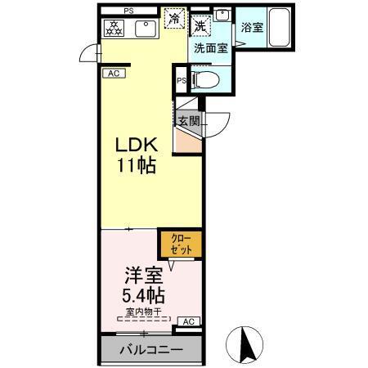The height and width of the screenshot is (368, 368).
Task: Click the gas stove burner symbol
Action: point(114,29)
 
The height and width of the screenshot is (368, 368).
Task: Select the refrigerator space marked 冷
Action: point(174,19)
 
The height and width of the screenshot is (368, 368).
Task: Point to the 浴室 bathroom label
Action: point(252,28)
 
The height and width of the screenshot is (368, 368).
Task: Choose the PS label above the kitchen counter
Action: point(128,10)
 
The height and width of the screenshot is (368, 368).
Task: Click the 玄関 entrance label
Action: point(189,120)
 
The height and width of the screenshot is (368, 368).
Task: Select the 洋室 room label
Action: point(139,274)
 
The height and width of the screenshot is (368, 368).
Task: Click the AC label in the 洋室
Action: point(187,321)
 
